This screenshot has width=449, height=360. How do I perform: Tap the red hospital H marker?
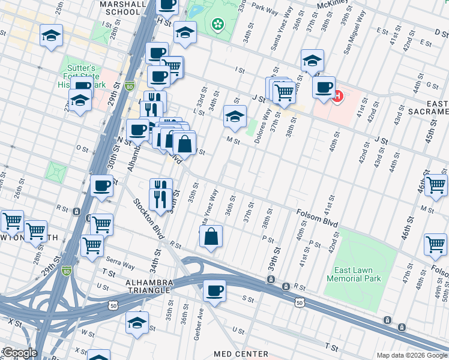(x=337, y=95)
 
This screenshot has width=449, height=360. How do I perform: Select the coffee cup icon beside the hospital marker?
(x=324, y=88)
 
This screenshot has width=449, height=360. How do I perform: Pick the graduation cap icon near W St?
(x=137, y=323)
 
